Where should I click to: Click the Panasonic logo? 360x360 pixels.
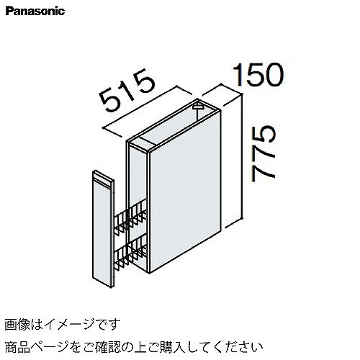pos(35,12)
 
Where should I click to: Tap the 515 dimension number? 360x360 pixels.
pos(127,91)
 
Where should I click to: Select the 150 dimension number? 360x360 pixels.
pos(258,75)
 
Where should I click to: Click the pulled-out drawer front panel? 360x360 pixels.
pos(103,229)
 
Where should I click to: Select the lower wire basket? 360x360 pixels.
pos(130,252)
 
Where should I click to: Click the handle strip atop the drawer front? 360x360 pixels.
pos(103,179)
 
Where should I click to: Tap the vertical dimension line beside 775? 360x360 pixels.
pos(242,156)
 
